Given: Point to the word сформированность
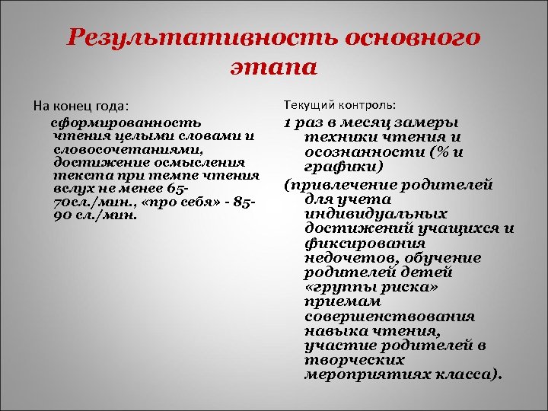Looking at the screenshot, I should pos(126,122).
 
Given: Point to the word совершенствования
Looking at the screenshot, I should pos(389,316).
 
